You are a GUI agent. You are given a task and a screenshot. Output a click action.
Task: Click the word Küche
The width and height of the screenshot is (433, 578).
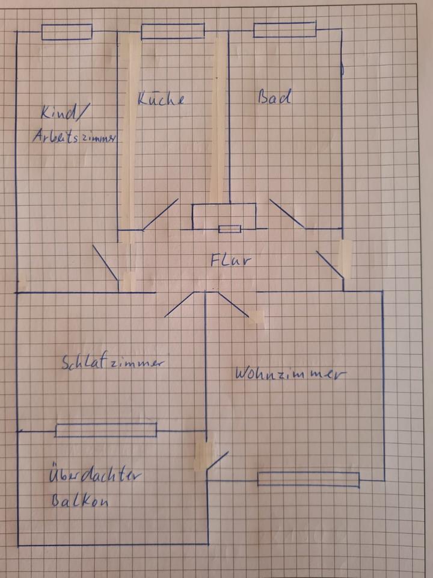161,99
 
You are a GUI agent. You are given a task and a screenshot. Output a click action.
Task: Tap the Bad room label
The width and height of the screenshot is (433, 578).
275,96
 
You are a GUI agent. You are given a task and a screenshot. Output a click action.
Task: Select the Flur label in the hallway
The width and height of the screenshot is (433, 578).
230,260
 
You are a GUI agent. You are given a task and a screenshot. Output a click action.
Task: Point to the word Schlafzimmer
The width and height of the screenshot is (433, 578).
113,362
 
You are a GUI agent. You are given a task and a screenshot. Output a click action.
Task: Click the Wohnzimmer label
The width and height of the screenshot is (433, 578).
290,373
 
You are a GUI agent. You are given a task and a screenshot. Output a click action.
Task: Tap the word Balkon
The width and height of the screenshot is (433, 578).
80,501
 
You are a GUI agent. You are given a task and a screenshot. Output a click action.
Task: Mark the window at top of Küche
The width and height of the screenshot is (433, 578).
173,31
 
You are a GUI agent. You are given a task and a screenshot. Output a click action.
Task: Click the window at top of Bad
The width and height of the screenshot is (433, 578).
284,30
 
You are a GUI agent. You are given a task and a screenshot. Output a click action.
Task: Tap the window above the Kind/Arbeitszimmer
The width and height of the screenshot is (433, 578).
67,32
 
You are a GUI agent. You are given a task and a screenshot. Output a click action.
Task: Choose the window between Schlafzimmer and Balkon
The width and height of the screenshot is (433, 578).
106,430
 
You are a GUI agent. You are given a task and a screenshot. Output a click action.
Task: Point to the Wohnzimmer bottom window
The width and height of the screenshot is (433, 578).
309,479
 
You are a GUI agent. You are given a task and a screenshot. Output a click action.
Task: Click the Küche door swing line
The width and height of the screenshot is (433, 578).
160,214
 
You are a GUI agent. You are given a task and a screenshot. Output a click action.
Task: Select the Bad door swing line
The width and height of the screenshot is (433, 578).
287,214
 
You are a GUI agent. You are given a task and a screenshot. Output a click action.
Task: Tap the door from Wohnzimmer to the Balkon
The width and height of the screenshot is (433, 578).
216,462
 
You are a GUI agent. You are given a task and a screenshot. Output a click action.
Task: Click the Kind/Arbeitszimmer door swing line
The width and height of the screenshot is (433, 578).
105,263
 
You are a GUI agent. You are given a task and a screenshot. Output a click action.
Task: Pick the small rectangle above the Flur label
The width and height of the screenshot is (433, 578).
230,229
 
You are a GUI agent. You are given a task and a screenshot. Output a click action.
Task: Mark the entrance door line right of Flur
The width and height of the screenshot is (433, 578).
330,265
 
